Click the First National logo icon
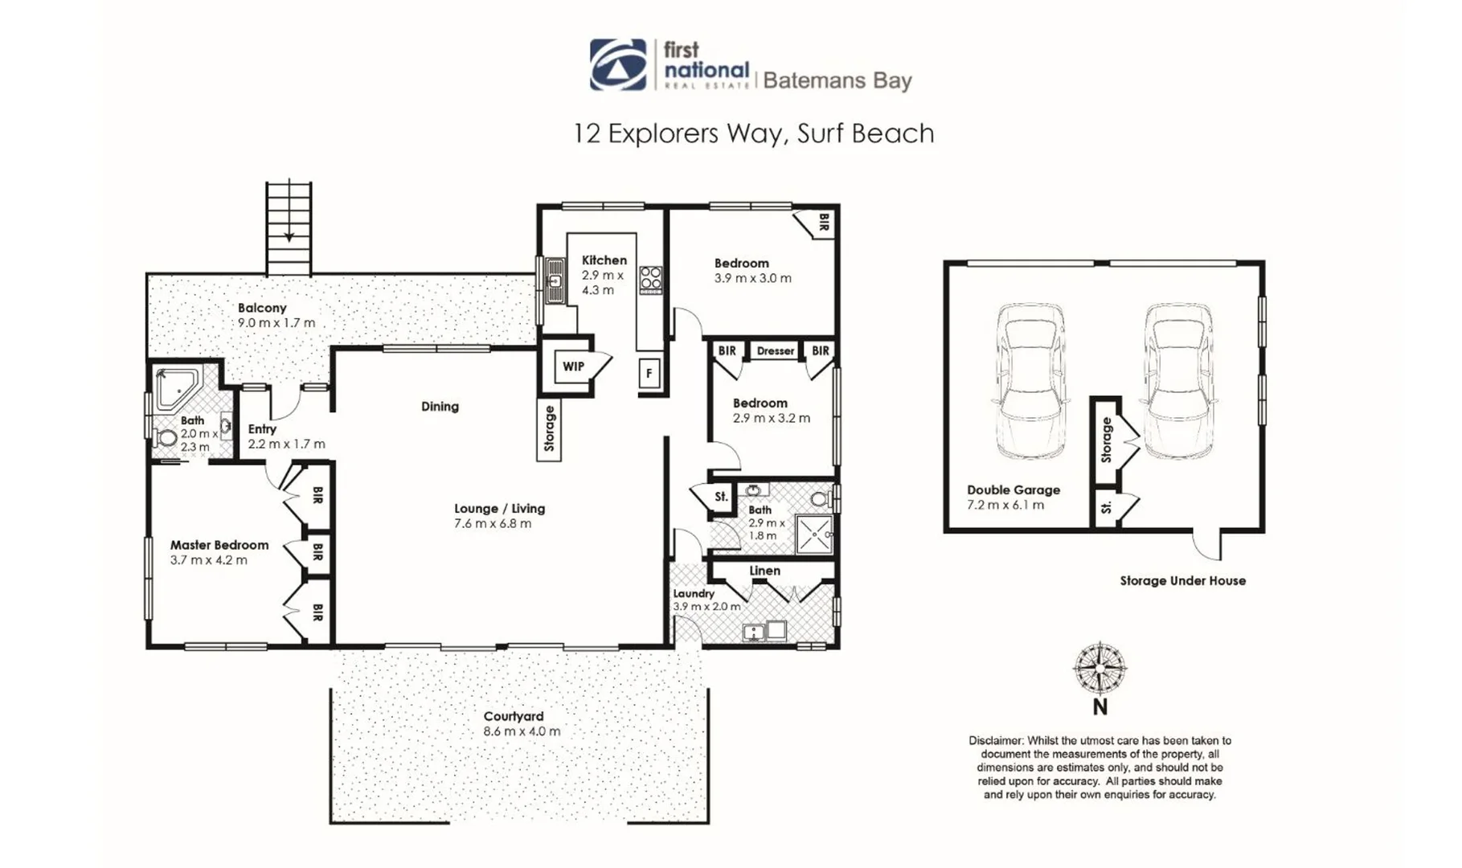click(617, 64)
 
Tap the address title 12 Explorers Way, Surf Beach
click(753, 133)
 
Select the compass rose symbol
click(1100, 669)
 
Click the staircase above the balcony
click(289, 227)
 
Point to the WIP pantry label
click(573, 366)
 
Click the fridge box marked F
click(649, 373)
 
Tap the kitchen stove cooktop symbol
click(650, 279)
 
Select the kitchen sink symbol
click(555, 280)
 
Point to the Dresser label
click(775, 351)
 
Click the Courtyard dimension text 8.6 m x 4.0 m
click(522, 731)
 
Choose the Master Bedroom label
click(219, 545)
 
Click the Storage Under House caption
click(1182, 580)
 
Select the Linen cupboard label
click(764, 571)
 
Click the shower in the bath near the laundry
click(814, 534)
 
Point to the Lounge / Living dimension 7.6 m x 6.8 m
click(493, 523)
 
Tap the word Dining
click(440, 407)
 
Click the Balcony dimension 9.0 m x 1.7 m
click(276, 323)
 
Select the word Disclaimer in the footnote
click(995, 740)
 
